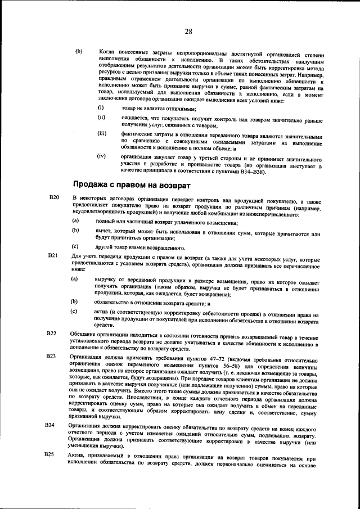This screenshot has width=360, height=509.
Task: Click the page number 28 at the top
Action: click(188, 31)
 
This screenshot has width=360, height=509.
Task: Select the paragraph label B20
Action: click(53, 199)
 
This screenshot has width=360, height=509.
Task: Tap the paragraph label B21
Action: click(53, 255)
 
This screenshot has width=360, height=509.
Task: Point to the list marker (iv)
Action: click(102, 155)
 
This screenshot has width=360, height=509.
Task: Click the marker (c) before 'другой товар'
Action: click(74, 246)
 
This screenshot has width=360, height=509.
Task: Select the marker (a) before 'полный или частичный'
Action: click(74, 223)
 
